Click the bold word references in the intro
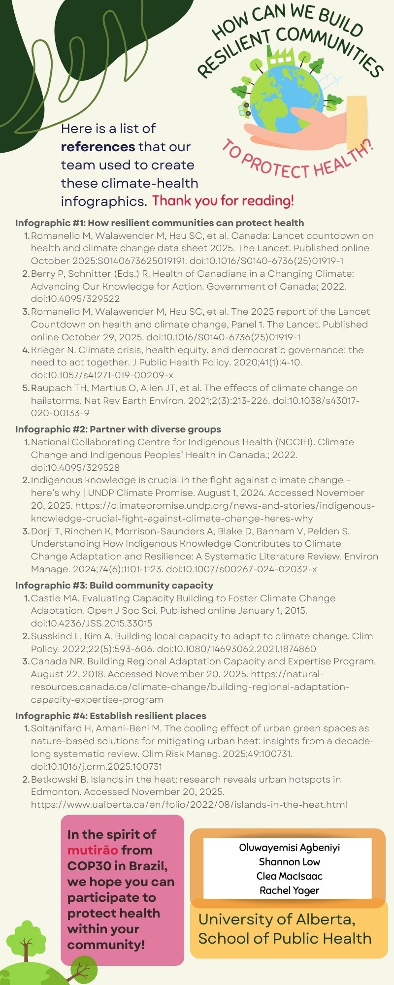pyautogui.click(x=98, y=147)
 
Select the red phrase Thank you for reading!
pyautogui.click(x=223, y=201)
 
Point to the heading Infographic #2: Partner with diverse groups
pyautogui.click(x=118, y=429)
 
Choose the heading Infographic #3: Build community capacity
pyautogui.click(x=114, y=586)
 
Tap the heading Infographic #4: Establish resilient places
pyautogui.click(x=111, y=716)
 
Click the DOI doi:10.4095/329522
pyautogui.click(x=75, y=299)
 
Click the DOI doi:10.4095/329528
pyautogui.click(x=75, y=468)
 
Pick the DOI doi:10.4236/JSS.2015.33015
pyautogui.click(x=92, y=624)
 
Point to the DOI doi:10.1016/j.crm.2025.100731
pyautogui.click(x=97, y=767)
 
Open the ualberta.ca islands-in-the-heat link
pyautogui.click(x=189, y=805)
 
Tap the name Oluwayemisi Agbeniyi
pyautogui.click(x=290, y=848)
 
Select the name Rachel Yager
pyautogui.click(x=290, y=890)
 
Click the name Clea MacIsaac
pyautogui.click(x=290, y=876)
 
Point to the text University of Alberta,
pyautogui.click(x=277, y=919)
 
